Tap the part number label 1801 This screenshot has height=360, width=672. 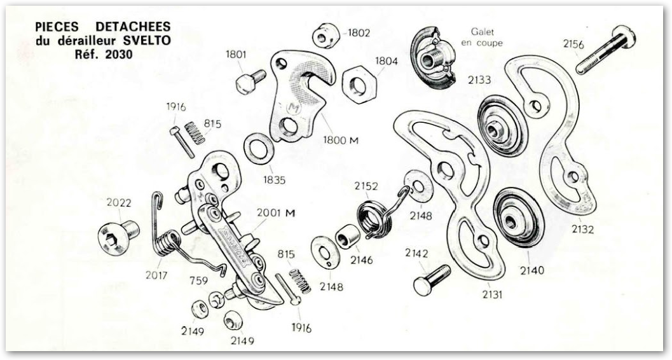click(236, 55)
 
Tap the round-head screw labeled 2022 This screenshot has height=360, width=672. click(115, 235)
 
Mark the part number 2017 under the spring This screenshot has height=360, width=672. click(156, 275)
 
